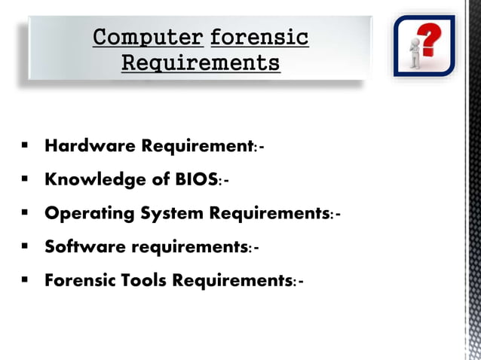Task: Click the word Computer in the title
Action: (x=148, y=37)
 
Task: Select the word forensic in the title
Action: (x=259, y=37)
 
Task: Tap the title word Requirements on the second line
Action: (x=201, y=62)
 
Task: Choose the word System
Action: (x=173, y=213)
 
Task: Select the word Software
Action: (x=84, y=246)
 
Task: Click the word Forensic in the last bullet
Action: (x=78, y=280)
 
